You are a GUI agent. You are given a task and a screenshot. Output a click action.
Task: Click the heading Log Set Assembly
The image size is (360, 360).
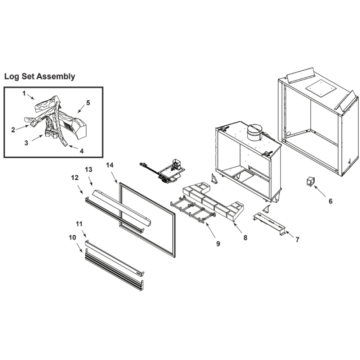click(x=40, y=76)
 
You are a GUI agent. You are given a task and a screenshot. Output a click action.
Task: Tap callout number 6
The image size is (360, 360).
click(x=330, y=201)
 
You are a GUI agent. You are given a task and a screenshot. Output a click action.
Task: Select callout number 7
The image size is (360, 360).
click(x=297, y=240)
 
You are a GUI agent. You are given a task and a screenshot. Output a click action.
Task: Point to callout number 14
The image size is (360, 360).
click(x=110, y=165)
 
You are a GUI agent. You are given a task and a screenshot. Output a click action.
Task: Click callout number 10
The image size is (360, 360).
click(x=72, y=237)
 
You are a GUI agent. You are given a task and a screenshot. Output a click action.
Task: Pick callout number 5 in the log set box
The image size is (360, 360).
click(x=88, y=103)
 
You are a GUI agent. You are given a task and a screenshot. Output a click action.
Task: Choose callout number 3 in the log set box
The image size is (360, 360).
click(x=26, y=143)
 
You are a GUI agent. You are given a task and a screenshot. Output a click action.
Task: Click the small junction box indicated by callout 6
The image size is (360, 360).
click(x=311, y=181)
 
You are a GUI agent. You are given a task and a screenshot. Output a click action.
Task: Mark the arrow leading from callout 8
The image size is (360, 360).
click(x=237, y=225)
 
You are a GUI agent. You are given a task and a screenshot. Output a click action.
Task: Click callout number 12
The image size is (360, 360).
click(x=75, y=178)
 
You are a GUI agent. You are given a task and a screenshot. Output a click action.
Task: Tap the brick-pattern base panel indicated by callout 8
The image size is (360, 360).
click(x=213, y=201)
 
